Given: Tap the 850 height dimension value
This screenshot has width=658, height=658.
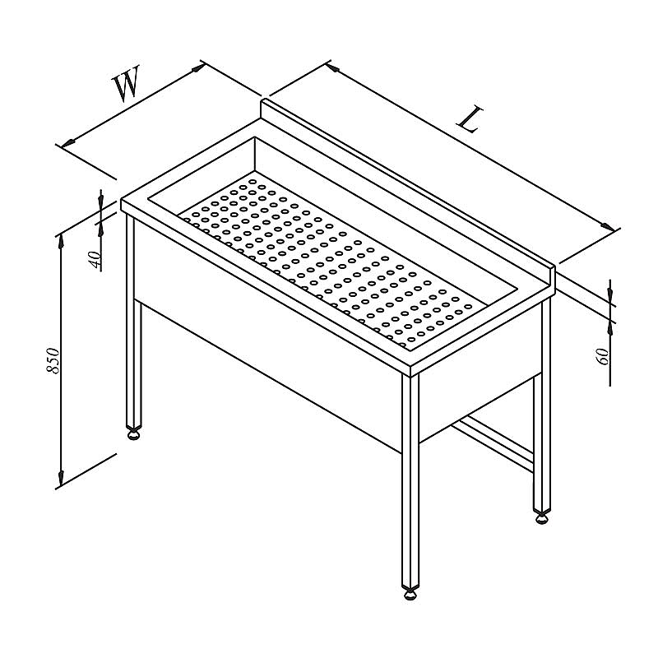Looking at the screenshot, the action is (x=53, y=360).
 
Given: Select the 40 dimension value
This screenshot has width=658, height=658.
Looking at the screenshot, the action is (x=95, y=259).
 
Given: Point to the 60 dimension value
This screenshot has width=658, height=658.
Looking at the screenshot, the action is (x=603, y=357).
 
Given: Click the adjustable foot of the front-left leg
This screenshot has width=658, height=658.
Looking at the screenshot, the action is (x=133, y=433).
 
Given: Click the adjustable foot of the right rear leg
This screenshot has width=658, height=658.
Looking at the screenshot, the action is (x=541, y=517).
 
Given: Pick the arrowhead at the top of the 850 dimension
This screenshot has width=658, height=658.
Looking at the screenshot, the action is (x=61, y=243).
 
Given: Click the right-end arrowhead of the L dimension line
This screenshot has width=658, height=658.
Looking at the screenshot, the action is (x=608, y=226).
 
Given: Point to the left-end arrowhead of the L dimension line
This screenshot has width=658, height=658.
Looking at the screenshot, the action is (x=333, y=67).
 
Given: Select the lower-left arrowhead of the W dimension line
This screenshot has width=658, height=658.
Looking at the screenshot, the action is (x=68, y=142).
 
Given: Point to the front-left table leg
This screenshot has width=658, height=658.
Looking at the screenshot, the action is (x=133, y=319).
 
